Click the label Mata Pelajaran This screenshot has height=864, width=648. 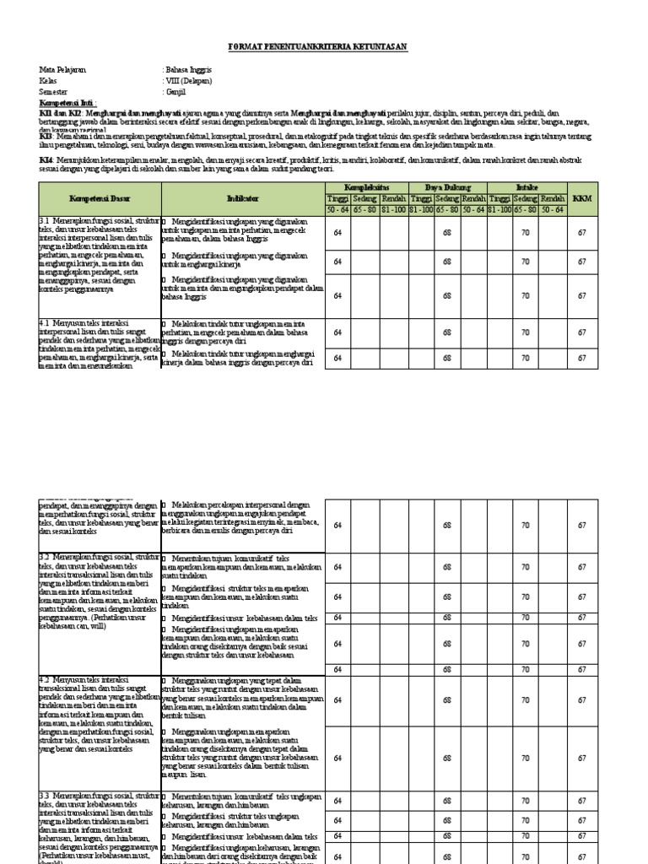(x=63, y=71)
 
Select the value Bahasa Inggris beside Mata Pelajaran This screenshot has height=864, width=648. (x=190, y=71)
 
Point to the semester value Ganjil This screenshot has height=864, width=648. (x=175, y=91)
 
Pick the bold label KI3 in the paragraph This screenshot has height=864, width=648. (x=46, y=136)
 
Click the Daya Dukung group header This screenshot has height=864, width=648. (x=447, y=186)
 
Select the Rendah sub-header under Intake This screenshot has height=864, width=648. (x=553, y=197)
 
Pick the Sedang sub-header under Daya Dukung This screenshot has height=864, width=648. (x=447, y=197)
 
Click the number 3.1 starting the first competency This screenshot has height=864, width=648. (x=46, y=220)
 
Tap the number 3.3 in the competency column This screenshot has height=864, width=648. (x=46, y=796)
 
